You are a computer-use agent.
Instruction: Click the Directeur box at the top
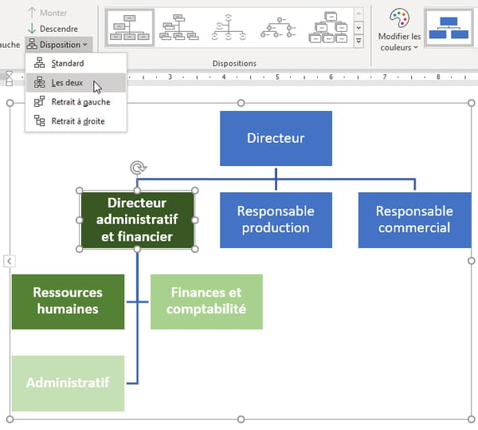276,138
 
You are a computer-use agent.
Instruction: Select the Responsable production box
276,219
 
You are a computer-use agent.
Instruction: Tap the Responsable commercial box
414,219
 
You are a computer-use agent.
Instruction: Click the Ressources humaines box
68,302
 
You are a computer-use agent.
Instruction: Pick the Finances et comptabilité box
206,302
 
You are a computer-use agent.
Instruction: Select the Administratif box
68,383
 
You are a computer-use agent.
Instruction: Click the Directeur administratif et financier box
137,219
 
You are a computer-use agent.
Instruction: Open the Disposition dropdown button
58,45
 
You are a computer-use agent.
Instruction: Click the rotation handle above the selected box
139,168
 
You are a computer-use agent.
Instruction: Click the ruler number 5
277,77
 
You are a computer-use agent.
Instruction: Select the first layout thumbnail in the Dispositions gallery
130,28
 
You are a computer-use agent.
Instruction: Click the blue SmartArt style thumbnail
449,28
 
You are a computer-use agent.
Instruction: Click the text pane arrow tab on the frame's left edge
10,261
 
